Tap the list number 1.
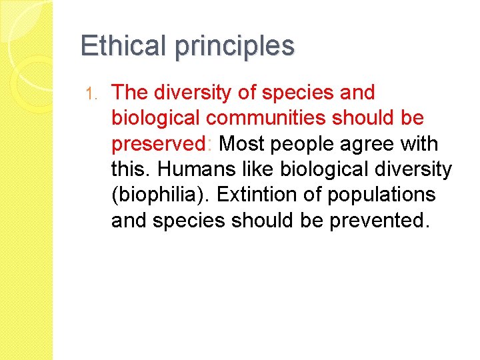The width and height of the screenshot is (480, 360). (94, 93)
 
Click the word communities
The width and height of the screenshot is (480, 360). (269, 118)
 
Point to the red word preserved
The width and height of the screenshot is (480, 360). (160, 144)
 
